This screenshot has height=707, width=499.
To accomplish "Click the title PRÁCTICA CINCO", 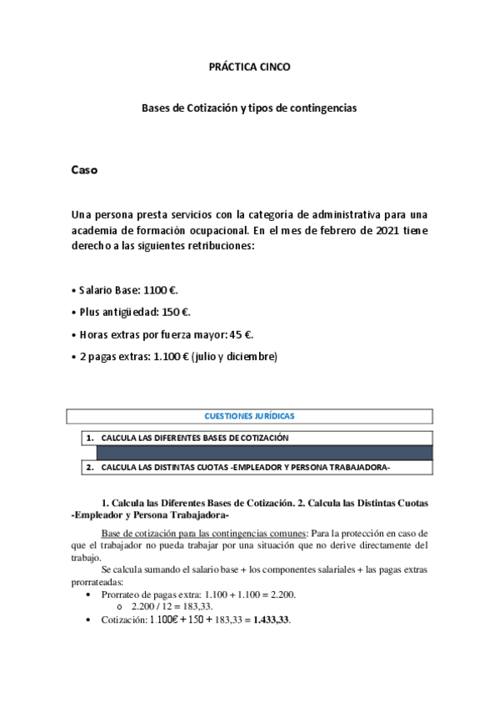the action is (249, 66).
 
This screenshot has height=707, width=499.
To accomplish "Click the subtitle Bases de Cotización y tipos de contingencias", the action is (249, 108).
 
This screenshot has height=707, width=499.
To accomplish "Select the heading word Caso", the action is (84, 171).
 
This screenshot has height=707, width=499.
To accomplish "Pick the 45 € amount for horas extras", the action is (240, 334).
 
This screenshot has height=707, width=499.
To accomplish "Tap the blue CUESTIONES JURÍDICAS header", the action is (249, 416).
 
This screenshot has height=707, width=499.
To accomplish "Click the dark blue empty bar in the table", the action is (265, 453).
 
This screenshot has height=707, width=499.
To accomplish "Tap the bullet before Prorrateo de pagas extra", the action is (88, 594).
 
